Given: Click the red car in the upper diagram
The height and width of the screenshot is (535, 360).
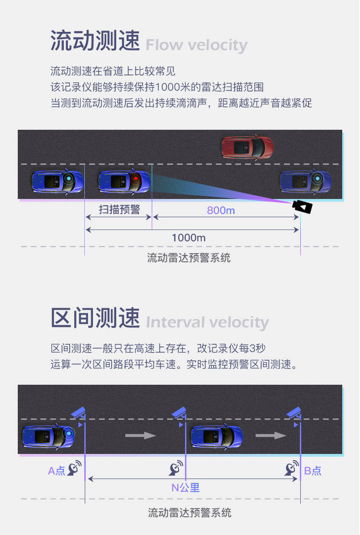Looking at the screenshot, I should click(247, 147).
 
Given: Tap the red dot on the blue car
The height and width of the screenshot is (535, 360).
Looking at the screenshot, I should click(135, 178).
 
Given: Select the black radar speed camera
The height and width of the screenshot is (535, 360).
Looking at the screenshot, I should click(303, 207).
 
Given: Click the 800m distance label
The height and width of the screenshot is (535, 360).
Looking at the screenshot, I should click(221, 210).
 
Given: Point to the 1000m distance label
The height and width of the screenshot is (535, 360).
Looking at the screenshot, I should click(188, 238).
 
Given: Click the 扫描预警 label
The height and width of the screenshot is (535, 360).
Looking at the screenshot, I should click(119, 209).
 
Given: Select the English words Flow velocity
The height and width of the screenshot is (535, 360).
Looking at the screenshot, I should click(196, 46).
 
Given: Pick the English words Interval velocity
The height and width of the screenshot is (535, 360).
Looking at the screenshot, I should click(207, 322).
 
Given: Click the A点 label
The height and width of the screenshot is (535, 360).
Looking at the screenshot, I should click(57, 471).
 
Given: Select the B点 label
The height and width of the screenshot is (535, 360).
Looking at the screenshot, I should click(313, 471).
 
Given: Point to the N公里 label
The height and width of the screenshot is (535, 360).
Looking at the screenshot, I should click(185, 488).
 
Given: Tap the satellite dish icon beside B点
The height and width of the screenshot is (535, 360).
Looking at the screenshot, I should click(292, 469).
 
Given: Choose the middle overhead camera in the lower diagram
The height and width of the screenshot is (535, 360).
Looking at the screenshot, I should click(180, 413).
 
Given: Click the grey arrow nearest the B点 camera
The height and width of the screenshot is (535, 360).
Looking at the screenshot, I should click(271, 436).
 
